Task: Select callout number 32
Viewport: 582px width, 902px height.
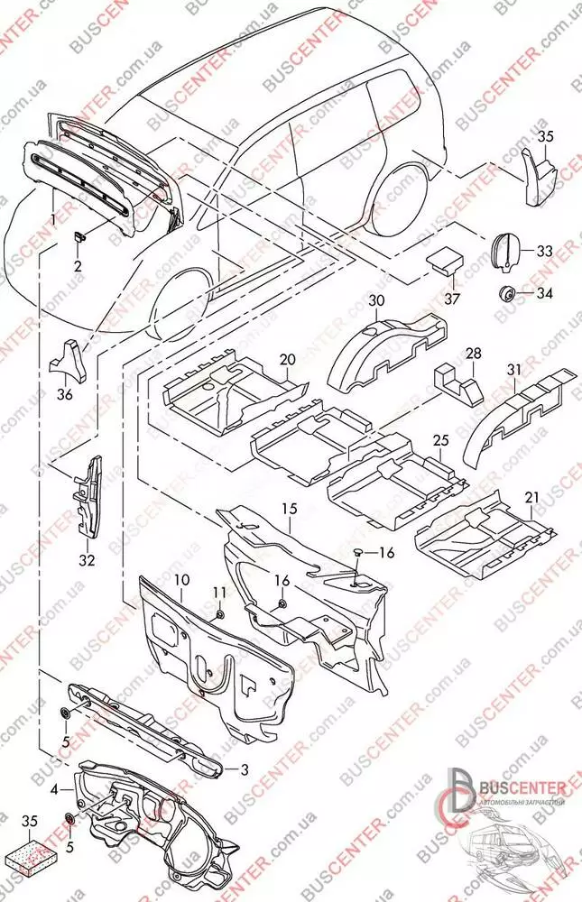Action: (x=87, y=558)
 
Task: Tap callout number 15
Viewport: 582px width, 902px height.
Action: (x=289, y=511)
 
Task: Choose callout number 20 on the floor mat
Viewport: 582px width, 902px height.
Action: (x=287, y=360)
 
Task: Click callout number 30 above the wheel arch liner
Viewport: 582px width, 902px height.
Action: (x=376, y=300)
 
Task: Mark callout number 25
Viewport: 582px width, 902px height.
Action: (x=440, y=439)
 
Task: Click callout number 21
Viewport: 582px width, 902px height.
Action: (x=531, y=498)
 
